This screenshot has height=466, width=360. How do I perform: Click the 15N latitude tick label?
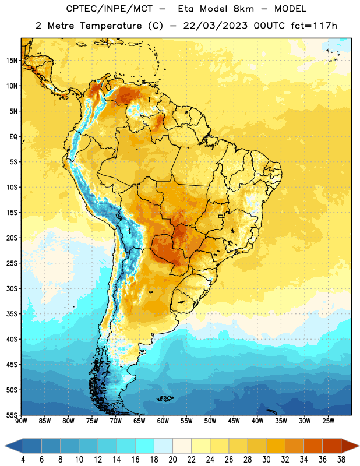(x=12, y=61)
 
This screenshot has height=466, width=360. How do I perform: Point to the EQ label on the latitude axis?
(x=13, y=137)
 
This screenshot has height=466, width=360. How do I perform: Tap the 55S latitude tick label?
(x=12, y=415)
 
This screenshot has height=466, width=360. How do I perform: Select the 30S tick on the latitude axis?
(x=12, y=288)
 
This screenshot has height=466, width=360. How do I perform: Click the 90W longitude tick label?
(x=21, y=421)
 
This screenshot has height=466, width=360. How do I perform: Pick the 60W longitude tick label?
(x=163, y=421)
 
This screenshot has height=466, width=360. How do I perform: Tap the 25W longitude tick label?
(x=328, y=421)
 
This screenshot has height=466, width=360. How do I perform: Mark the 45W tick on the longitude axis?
(x=234, y=421)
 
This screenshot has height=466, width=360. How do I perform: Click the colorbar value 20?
(x=172, y=460)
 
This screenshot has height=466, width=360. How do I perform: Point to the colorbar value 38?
(x=341, y=460)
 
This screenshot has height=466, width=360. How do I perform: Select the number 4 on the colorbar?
(x=23, y=460)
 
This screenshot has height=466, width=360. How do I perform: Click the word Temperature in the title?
(x=111, y=26)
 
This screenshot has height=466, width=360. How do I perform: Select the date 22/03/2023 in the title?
(x=215, y=26)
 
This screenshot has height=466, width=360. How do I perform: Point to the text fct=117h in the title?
(x=314, y=26)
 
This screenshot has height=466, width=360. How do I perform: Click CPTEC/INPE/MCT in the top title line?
(x=109, y=9)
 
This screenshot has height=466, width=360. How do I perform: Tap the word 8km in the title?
(x=243, y=9)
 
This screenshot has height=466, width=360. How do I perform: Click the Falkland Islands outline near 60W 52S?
(x=165, y=398)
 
